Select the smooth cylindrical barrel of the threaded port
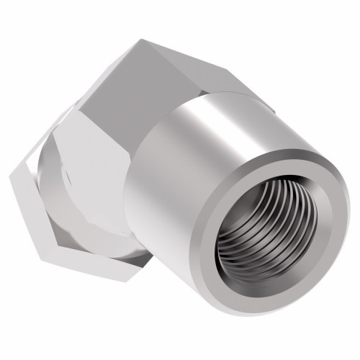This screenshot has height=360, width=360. click(x=180, y=166)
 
